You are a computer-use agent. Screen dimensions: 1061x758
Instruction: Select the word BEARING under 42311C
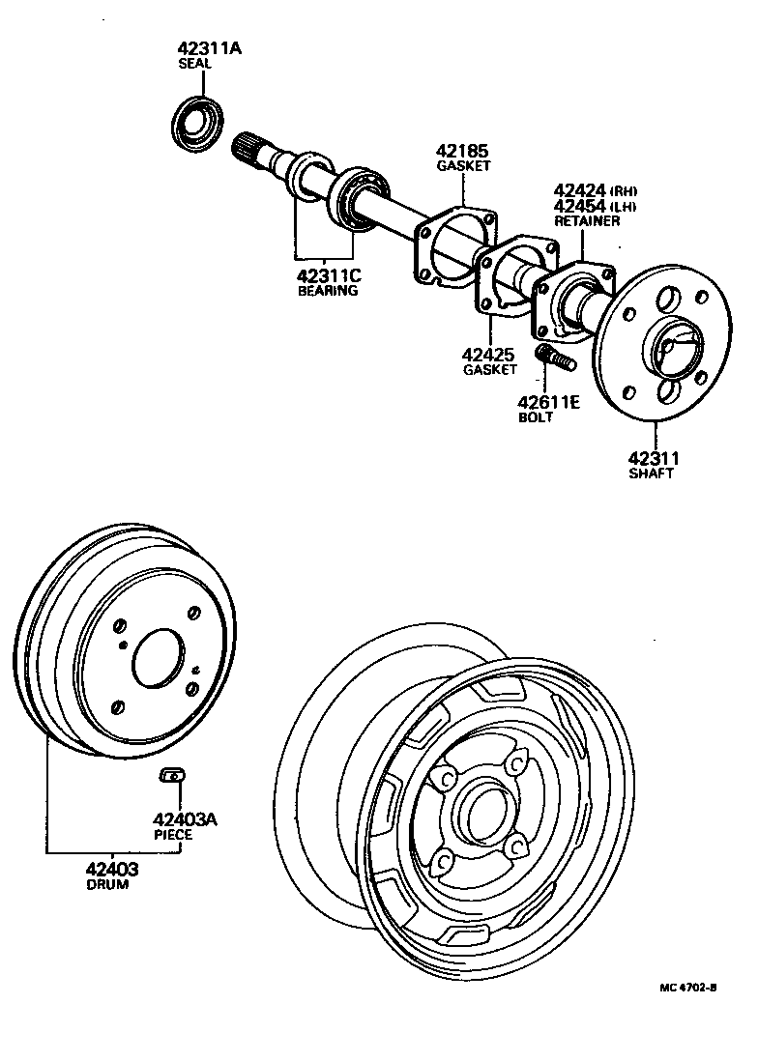(328, 290)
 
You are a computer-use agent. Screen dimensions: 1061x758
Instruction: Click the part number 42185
(462, 151)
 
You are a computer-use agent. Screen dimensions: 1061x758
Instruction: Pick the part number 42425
(489, 355)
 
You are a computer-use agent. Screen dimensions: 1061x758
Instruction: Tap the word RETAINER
(586, 221)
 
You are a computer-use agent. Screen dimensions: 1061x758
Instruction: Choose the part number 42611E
(547, 402)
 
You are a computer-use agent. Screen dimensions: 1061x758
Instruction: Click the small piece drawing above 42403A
(171, 775)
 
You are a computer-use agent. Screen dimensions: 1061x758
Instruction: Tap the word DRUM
(106, 884)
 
